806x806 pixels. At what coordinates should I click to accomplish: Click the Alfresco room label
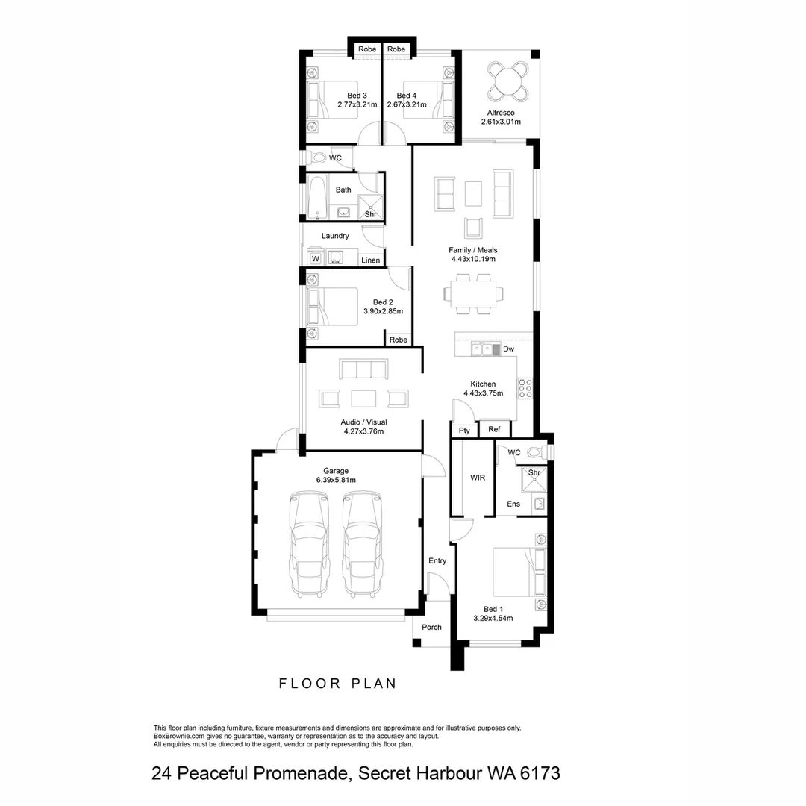click(x=500, y=113)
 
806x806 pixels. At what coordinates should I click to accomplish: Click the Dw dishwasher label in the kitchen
click(x=508, y=349)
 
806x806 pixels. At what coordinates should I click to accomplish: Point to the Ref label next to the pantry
click(x=494, y=429)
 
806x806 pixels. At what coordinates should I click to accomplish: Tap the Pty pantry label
click(x=464, y=431)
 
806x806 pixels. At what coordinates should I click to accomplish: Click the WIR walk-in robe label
click(x=478, y=478)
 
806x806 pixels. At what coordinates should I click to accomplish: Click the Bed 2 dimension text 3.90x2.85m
click(x=383, y=311)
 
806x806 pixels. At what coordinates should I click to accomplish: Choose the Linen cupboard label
click(x=370, y=260)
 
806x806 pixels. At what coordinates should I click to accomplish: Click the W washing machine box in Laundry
click(x=315, y=259)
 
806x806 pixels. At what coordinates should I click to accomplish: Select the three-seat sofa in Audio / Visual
click(x=363, y=369)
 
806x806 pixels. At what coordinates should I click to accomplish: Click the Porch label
click(x=431, y=628)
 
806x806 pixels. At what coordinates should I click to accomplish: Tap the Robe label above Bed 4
click(x=396, y=49)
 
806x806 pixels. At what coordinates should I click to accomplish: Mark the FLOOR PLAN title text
click(x=337, y=683)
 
